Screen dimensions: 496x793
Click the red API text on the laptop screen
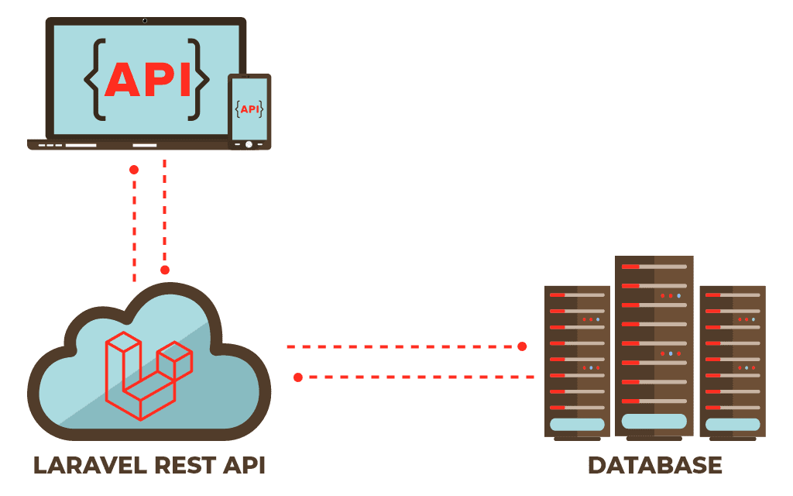(147, 79)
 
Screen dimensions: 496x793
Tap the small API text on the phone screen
(249, 109)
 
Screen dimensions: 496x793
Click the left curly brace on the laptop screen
(94, 79)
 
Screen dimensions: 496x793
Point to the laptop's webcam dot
(145, 20)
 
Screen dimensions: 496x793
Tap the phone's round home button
(249, 144)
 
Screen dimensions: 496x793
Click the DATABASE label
(654, 466)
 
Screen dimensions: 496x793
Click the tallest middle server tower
(654, 341)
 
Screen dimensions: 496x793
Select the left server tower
(577, 356)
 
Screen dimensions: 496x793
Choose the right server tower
(732, 356)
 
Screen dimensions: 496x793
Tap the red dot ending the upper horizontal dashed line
(522, 346)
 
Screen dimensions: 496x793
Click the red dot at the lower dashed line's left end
(298, 377)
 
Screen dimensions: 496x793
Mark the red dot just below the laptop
(134, 170)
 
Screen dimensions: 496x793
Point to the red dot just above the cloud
(165, 270)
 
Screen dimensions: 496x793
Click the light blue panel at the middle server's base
(654, 421)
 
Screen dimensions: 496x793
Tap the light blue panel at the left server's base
(577, 425)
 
